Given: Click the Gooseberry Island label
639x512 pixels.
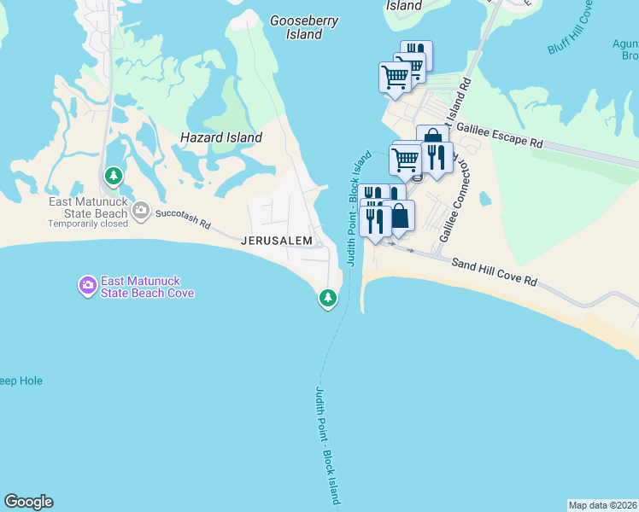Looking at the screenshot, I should click(x=304, y=27).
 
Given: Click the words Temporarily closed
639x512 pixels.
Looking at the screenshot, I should click(x=87, y=224).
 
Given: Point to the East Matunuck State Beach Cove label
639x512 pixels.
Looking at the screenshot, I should click(x=147, y=287).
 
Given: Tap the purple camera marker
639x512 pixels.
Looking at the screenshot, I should click(x=87, y=286).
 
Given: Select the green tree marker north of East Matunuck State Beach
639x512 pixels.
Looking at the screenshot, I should click(x=112, y=176).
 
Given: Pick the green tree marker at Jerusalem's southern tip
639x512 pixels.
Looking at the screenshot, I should click(x=327, y=298).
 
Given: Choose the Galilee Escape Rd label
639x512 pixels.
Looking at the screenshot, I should click(x=499, y=137).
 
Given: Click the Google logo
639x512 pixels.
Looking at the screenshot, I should click(x=28, y=502).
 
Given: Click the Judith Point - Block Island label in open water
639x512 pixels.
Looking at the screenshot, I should click(x=328, y=445).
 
